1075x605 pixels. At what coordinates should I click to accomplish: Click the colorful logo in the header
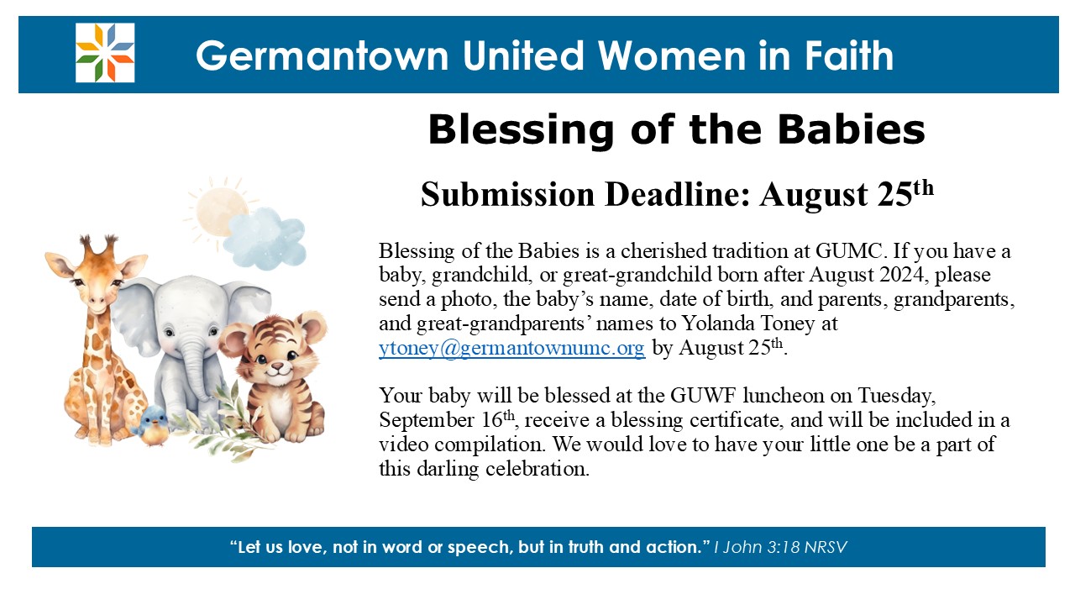[x=105, y=53]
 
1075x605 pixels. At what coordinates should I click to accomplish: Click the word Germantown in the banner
[x=322, y=55]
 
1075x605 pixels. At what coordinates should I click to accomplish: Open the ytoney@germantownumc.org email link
[x=511, y=347]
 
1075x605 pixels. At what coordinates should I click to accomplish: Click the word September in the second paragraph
[x=426, y=421]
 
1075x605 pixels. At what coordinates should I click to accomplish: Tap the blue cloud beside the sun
[x=265, y=238]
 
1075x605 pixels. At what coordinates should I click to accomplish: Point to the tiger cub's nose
[x=277, y=366]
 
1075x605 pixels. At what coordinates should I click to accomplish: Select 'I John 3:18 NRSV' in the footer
[x=780, y=547]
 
